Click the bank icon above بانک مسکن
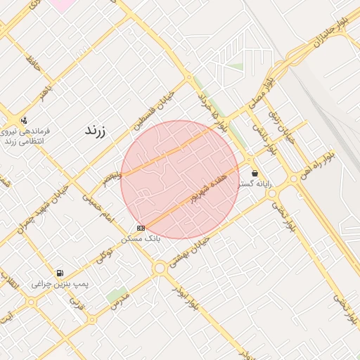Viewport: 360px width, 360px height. (x=141, y=228)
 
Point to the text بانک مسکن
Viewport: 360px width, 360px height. (x=141, y=239)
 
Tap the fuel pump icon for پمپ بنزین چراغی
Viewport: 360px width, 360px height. (x=59, y=274)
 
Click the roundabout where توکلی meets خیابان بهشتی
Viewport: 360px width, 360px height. (x=160, y=268)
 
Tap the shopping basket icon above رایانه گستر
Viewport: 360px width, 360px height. (x=254, y=173)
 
